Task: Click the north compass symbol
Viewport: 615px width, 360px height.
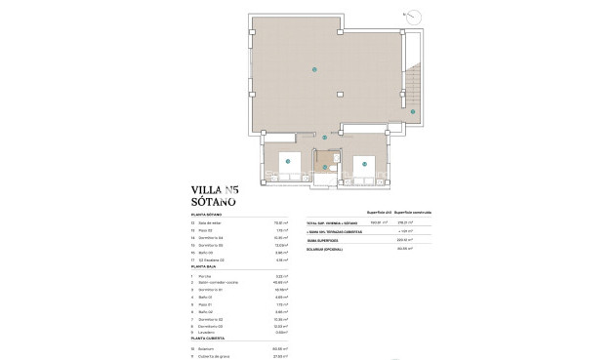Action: (x=414, y=15)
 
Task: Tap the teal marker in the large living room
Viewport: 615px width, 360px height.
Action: (x=313, y=69)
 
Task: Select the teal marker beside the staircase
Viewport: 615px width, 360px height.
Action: (x=413, y=113)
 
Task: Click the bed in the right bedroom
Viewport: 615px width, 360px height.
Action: (x=363, y=163)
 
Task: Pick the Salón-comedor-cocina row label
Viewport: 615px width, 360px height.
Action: (x=220, y=283)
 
